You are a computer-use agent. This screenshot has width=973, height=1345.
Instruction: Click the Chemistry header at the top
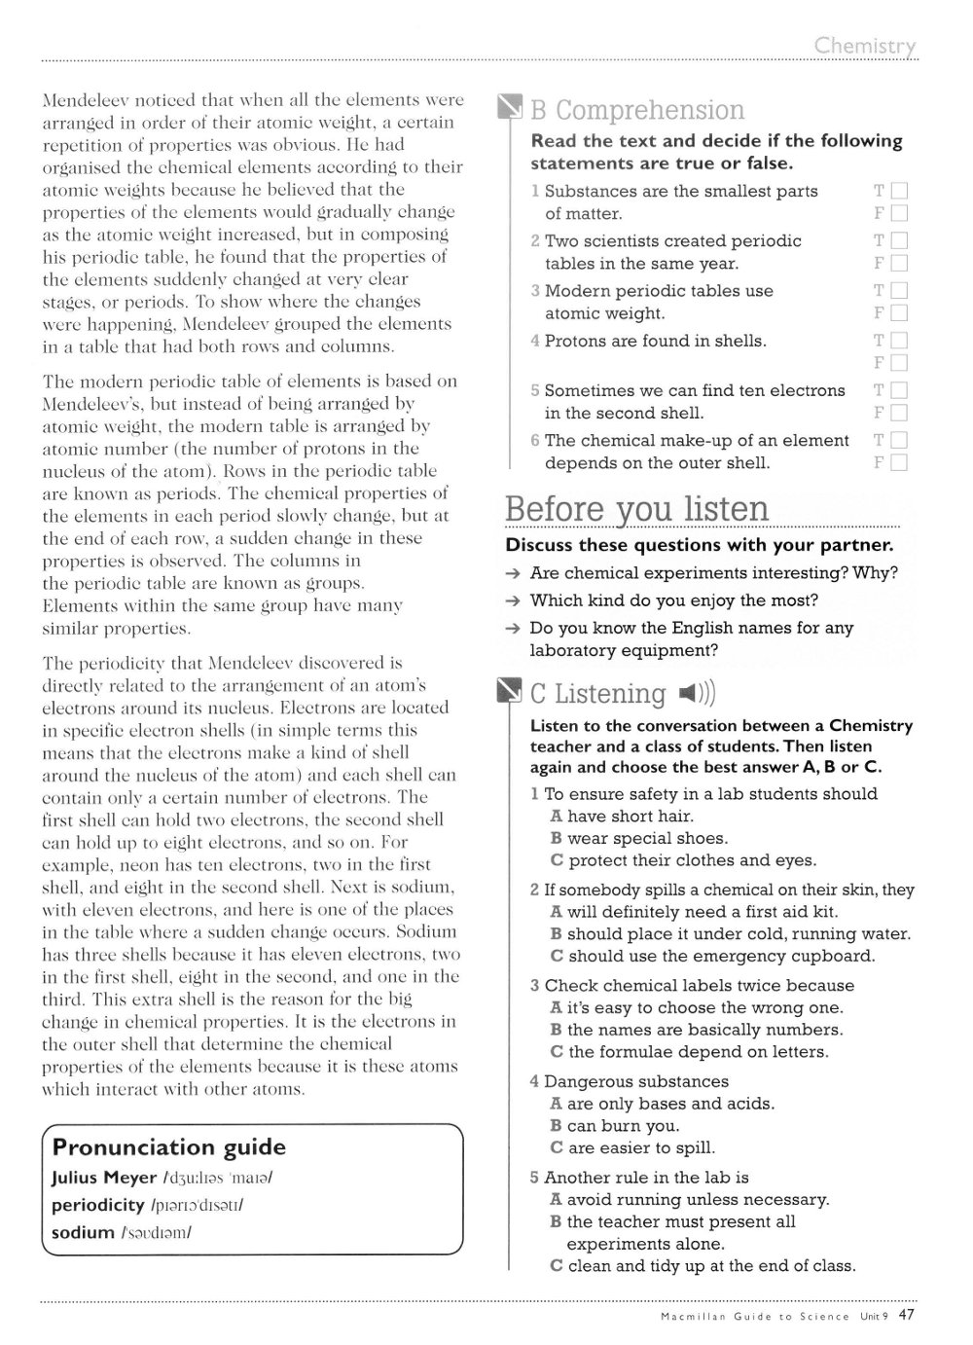click(x=865, y=46)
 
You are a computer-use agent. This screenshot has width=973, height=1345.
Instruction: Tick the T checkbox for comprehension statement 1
click(x=899, y=191)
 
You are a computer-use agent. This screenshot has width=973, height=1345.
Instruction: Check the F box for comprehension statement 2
click(x=899, y=263)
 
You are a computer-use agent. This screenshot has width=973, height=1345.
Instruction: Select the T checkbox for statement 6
click(x=899, y=440)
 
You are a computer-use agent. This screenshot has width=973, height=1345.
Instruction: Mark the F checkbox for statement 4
click(x=899, y=363)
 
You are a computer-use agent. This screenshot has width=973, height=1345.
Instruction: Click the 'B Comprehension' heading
click(x=637, y=110)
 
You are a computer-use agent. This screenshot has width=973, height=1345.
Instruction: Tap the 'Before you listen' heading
click(x=637, y=510)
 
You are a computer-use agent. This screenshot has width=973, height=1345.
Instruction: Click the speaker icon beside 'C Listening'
click(x=698, y=693)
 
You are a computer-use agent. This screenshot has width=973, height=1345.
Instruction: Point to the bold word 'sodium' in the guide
click(x=83, y=1232)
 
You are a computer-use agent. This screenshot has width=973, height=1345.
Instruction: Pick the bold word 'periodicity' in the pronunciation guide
click(x=97, y=1205)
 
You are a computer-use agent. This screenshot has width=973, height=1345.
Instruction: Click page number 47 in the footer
click(x=907, y=1315)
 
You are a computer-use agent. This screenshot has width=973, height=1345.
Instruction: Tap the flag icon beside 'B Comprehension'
click(x=510, y=110)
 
